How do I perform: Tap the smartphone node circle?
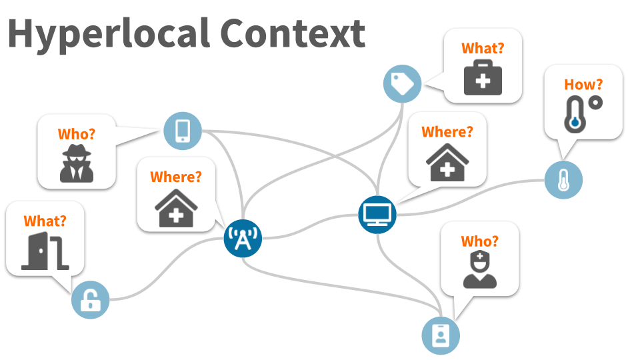click(x=183, y=130)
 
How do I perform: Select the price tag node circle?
click(x=402, y=83)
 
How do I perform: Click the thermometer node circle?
click(x=563, y=179)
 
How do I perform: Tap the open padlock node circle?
click(x=90, y=299)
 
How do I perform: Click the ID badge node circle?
click(x=441, y=335)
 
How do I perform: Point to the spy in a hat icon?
click(x=77, y=163)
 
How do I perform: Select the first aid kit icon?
click(x=483, y=78)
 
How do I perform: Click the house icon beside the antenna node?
click(x=176, y=207)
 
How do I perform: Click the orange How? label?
click(x=583, y=85)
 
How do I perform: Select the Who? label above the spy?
click(x=77, y=133)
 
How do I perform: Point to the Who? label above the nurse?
click(x=480, y=241)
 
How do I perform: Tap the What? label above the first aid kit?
click(x=483, y=48)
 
